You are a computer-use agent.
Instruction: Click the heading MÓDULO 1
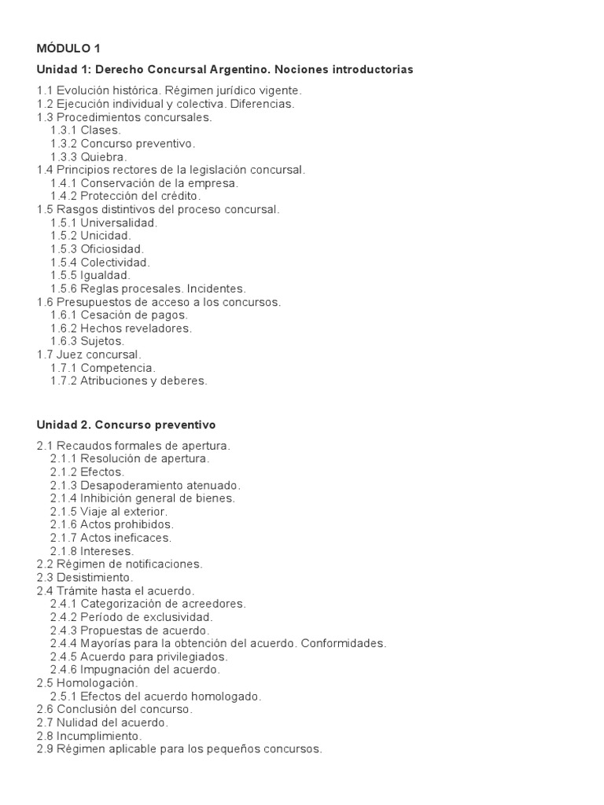68,49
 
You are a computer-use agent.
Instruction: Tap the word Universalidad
119,222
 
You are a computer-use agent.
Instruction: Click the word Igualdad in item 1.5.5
105,275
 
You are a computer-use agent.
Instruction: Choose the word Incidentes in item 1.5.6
217,289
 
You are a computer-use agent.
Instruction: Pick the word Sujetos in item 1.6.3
103,341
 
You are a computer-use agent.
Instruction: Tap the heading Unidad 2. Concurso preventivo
126,425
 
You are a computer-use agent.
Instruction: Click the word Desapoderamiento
131,485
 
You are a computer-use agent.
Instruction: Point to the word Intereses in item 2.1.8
108,551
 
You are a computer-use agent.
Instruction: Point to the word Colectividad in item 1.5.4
115,262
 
